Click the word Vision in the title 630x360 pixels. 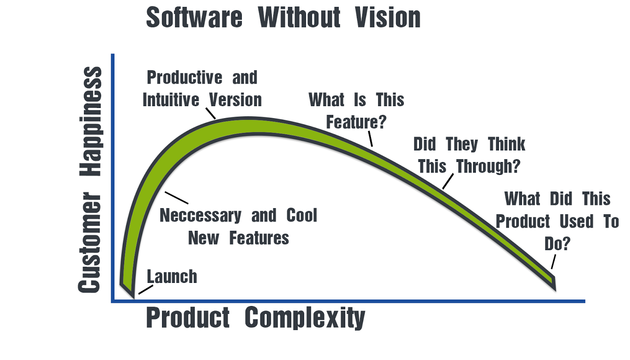[x=388, y=17]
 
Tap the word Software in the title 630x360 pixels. [x=194, y=17]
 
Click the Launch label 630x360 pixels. [x=172, y=277]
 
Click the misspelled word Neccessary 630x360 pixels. [x=200, y=216]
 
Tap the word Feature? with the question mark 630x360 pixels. [x=356, y=122]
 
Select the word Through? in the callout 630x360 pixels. [x=488, y=166]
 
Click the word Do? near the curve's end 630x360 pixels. [x=557, y=244]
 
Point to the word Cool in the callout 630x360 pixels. [x=302, y=216]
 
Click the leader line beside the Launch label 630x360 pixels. [x=145, y=290]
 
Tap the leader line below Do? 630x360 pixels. [x=553, y=262]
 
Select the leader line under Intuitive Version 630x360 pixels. [x=210, y=113]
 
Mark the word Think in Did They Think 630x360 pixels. [x=506, y=144]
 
